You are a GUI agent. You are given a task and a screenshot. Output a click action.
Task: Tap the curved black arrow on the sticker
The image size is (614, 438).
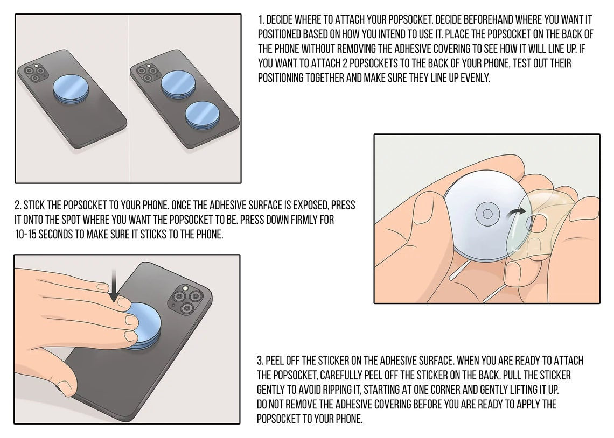(x=516, y=214)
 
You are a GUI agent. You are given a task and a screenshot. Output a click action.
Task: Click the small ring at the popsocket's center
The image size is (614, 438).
(x=487, y=214)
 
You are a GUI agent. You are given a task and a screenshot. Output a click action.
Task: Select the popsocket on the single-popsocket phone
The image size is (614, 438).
(x=71, y=89)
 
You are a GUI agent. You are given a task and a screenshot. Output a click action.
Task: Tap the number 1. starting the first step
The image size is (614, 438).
(x=261, y=19)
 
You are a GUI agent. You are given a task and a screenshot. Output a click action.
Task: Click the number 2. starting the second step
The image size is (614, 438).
(x=18, y=206)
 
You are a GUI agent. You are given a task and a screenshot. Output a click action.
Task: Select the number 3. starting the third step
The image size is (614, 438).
(x=260, y=361)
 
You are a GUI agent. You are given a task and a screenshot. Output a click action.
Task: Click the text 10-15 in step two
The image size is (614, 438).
(x=25, y=234)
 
